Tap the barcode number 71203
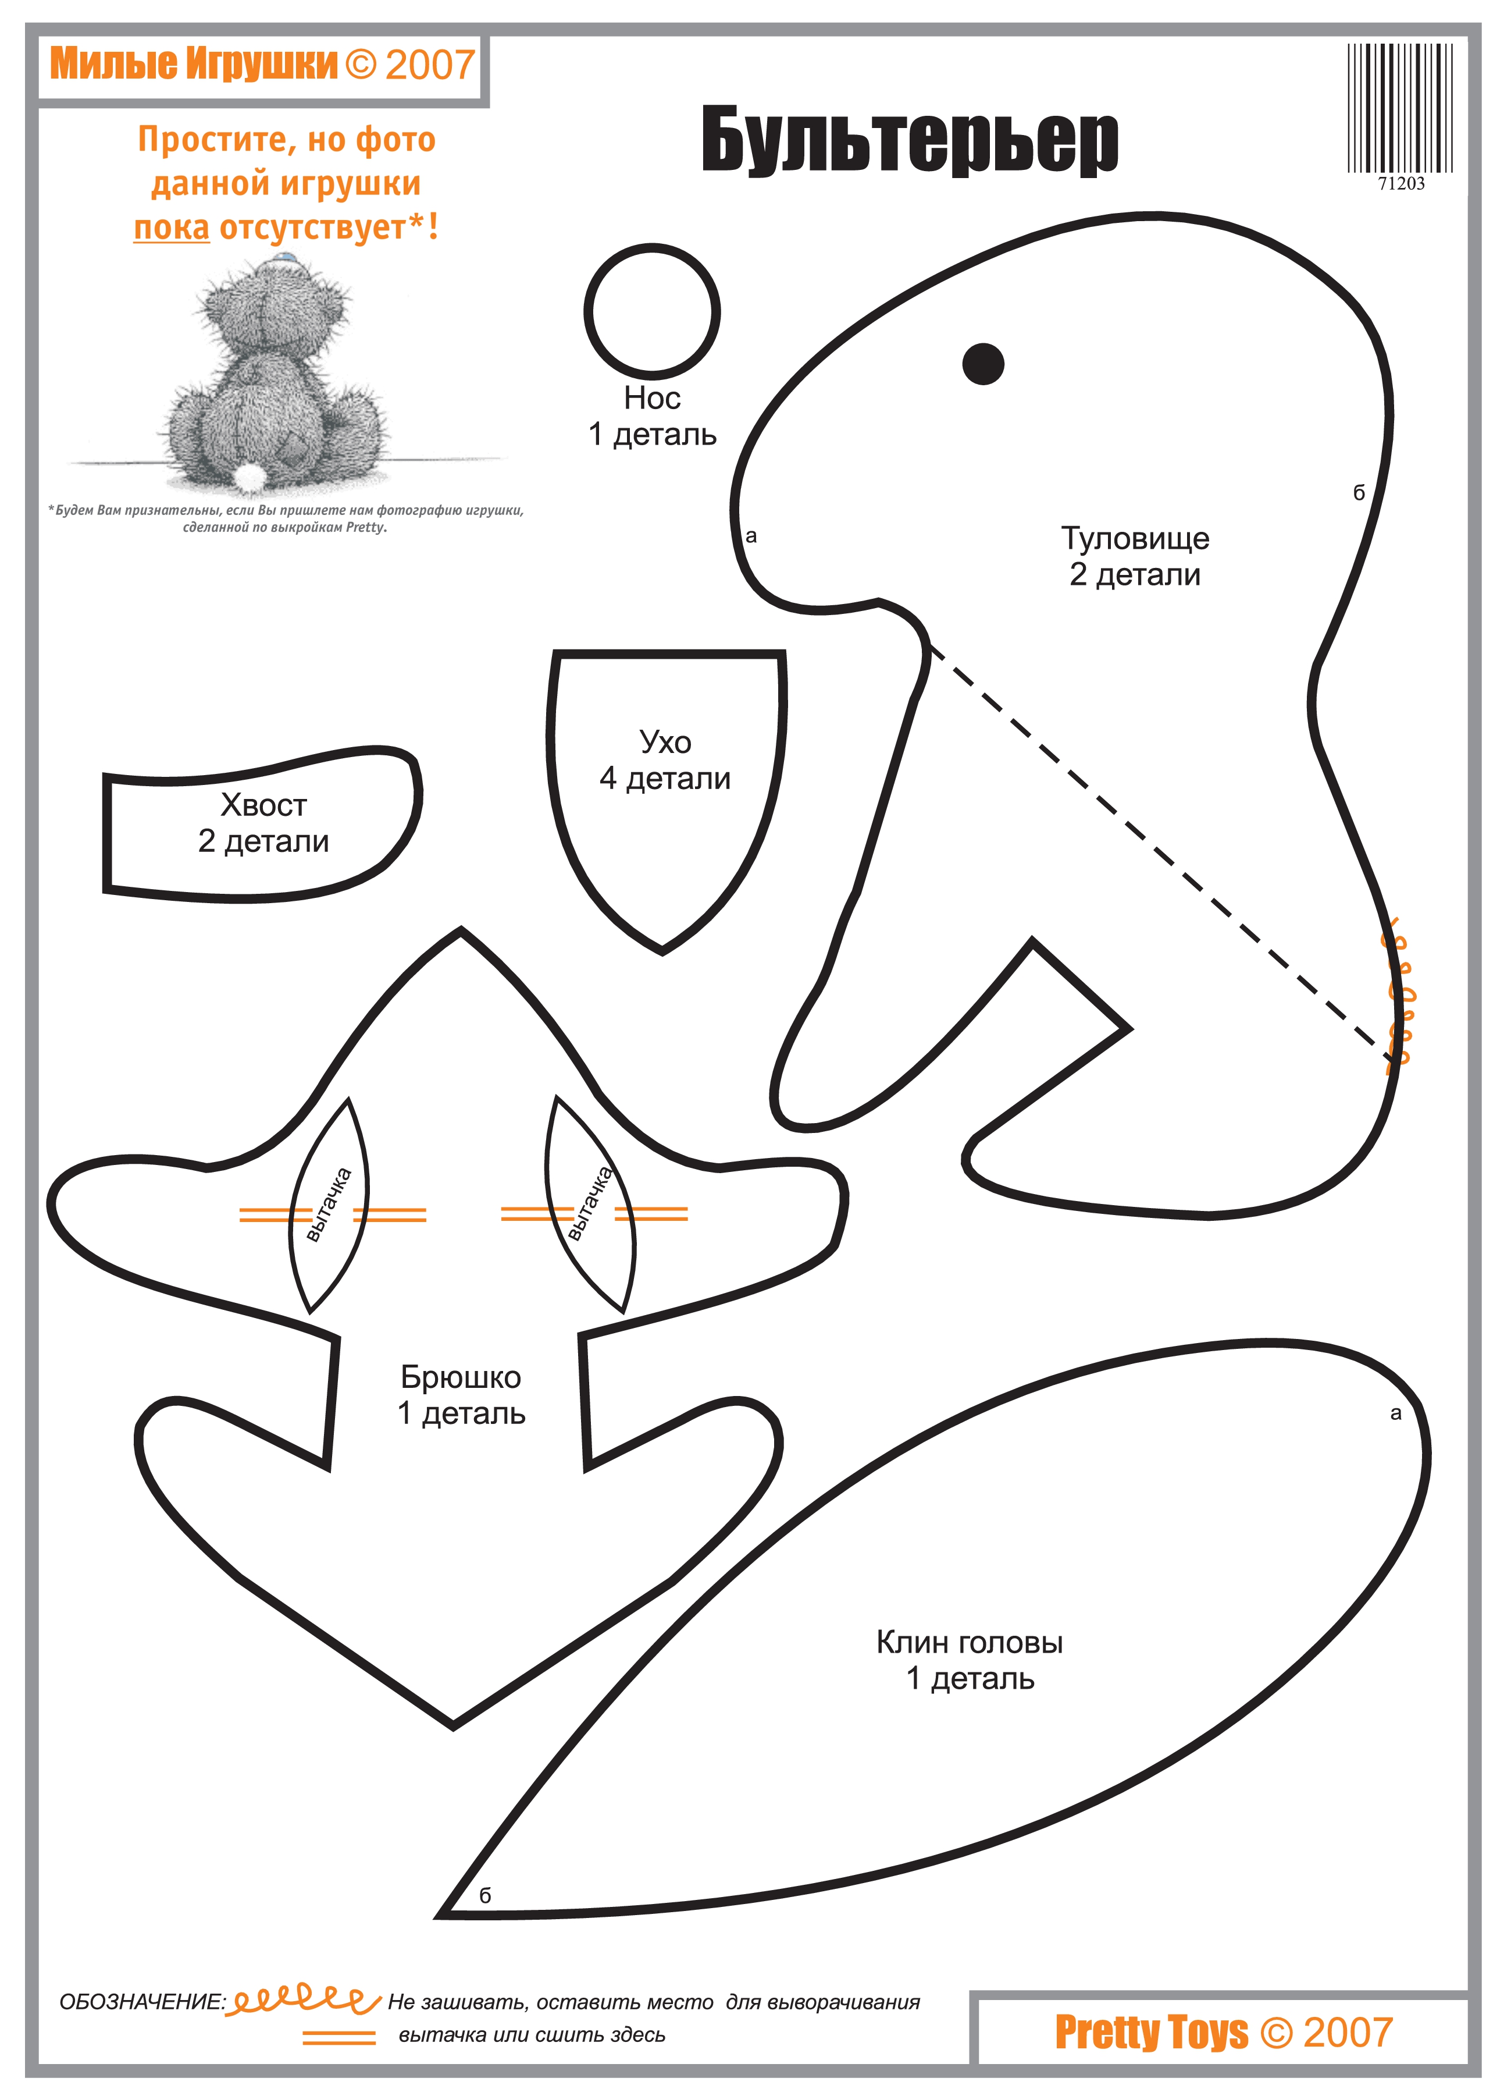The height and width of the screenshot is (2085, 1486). point(1401,184)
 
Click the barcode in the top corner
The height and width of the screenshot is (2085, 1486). point(1400,108)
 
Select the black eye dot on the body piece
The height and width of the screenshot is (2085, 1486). point(983,363)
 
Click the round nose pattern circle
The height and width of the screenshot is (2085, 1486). point(651,311)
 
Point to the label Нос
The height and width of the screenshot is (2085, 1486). point(651,398)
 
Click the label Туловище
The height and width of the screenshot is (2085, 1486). point(1135,538)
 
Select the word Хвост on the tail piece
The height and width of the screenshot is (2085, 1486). point(263,805)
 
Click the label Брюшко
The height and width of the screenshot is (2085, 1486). point(461,1377)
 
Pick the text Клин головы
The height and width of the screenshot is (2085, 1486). point(970,1643)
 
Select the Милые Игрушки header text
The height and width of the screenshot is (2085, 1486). point(194,64)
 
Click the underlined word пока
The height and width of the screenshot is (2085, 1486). point(171,228)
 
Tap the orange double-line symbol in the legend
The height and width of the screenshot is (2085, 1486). point(338,2037)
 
